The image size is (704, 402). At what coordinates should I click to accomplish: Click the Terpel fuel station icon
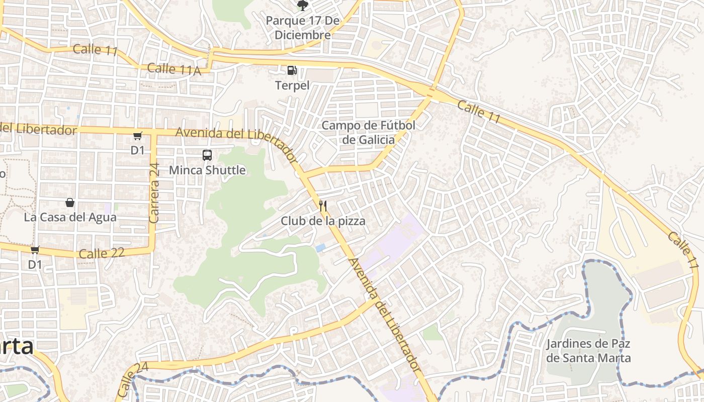click(x=292, y=70)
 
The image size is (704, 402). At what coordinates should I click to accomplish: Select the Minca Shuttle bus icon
click(x=207, y=155)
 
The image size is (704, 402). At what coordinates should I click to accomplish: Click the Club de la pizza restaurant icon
click(x=323, y=206)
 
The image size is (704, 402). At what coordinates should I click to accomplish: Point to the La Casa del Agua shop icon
click(x=70, y=203)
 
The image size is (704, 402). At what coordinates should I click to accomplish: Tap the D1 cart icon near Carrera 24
click(x=138, y=136)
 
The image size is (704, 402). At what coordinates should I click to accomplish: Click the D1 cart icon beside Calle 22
click(x=35, y=250)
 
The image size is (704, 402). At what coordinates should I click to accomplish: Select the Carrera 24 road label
click(x=154, y=193)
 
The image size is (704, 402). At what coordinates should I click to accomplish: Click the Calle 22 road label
click(x=102, y=253)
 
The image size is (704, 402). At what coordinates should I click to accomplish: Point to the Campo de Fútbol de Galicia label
click(x=368, y=132)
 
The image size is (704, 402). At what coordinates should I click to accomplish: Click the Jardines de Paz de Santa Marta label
click(x=588, y=351)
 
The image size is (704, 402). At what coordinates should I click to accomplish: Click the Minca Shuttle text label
click(x=207, y=170)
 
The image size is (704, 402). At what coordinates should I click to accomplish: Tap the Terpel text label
click(x=292, y=85)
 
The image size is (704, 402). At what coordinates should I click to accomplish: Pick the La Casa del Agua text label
click(x=70, y=217)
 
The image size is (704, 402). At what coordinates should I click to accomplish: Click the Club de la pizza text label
click(x=323, y=221)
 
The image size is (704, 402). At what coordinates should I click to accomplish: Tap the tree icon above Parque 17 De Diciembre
click(x=302, y=6)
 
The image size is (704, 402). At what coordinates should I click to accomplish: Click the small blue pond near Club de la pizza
click(x=320, y=248)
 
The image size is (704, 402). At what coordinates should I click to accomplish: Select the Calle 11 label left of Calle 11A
click(x=95, y=50)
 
